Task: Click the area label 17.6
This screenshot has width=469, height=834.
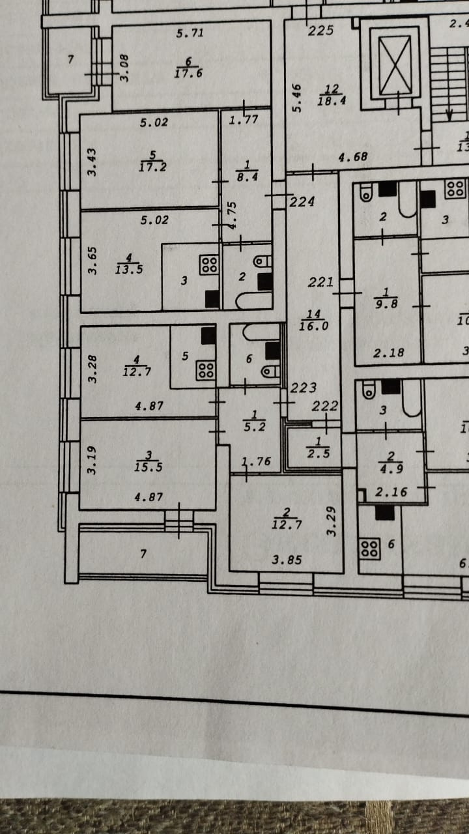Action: point(190,74)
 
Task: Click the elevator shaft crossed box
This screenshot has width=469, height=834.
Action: point(395,65)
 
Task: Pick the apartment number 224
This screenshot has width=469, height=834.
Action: point(302,202)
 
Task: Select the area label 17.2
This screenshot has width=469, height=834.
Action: point(152,167)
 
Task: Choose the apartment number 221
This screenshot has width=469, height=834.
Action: point(321,282)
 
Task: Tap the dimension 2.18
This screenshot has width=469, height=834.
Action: point(388,352)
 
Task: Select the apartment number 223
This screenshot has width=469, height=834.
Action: point(304,388)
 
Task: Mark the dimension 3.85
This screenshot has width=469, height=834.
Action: point(287,559)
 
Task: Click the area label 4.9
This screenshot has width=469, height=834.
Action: point(391,467)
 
